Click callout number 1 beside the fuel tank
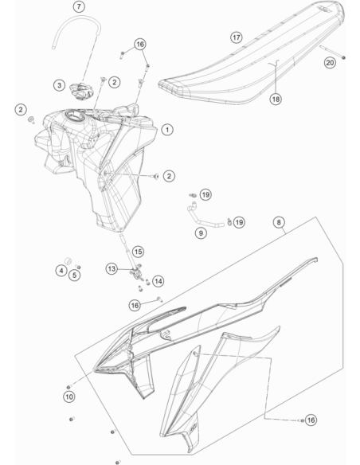167,130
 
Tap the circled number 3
59,85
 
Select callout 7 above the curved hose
79,6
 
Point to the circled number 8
279,222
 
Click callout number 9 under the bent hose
201,233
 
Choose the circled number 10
69,397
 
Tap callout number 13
112,269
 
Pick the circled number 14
158,281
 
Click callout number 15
138,252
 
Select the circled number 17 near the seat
237,37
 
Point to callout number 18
276,99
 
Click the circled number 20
330,63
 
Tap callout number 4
61,271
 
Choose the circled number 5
74,275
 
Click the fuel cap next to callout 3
81,92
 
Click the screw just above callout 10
68,387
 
